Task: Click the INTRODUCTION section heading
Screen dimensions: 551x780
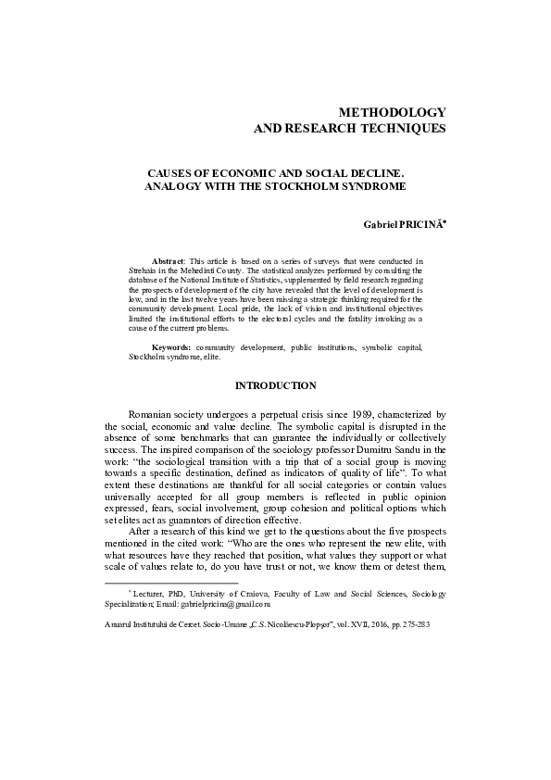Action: click(275, 384)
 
